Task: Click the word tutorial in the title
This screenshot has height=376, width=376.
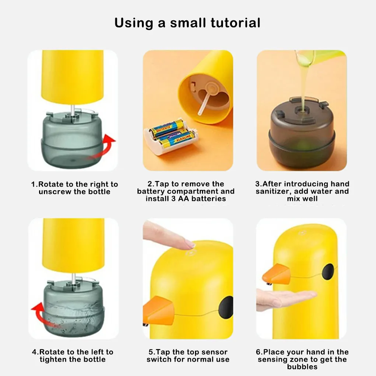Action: click(x=236, y=23)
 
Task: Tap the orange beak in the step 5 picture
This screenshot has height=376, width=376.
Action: click(x=158, y=310)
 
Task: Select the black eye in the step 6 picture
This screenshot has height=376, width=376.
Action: click(x=328, y=271)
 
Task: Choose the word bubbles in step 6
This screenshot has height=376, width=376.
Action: click(x=302, y=367)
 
